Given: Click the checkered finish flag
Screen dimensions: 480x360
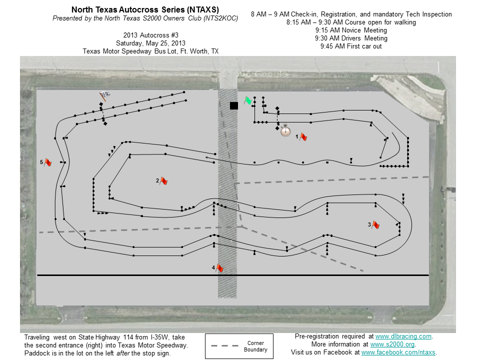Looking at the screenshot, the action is (x=104, y=96).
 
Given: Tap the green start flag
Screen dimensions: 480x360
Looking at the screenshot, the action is (x=248, y=100).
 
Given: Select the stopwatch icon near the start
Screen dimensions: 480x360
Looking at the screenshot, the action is (x=285, y=130).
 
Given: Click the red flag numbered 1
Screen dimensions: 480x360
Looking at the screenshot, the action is (x=303, y=137).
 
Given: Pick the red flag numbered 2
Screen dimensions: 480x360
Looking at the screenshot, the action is (x=164, y=181).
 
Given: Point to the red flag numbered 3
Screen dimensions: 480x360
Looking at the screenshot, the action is (x=375, y=225).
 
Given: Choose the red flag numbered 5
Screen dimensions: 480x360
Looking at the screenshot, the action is (x=48, y=162).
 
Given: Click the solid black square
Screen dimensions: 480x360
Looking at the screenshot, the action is (x=234, y=105).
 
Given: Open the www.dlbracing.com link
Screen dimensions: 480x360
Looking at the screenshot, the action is (x=403, y=336).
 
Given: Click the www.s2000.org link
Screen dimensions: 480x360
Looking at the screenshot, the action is (x=392, y=344).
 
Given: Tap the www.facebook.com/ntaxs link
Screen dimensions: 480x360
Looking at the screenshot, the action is (x=398, y=352).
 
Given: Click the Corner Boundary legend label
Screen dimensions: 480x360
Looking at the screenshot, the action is (x=255, y=346).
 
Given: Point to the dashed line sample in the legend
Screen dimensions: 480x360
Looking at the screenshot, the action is (x=224, y=346).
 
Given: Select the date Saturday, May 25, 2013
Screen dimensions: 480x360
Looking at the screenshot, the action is (x=150, y=43).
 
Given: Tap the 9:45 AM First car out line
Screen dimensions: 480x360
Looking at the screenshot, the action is (x=351, y=46).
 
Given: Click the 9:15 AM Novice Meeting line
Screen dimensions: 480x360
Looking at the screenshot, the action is (x=351, y=30).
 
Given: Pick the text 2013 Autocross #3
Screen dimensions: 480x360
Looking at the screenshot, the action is (x=150, y=35).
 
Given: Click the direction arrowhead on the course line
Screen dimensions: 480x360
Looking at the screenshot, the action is (x=207, y=158).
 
